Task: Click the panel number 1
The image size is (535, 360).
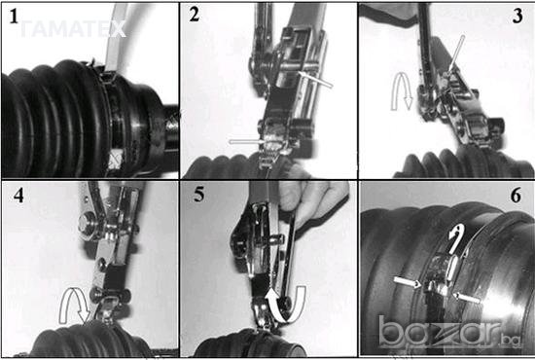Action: click(14, 16)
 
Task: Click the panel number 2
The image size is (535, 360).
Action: click(195, 15)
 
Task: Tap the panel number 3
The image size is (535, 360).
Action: click(517, 16)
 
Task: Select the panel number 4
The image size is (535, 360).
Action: click(18, 196)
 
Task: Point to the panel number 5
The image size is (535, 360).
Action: click(198, 195)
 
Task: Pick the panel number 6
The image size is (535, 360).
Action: click(516, 196)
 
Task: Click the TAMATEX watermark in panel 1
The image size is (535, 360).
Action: click(73, 29)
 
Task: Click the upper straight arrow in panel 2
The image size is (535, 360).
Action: click(315, 80)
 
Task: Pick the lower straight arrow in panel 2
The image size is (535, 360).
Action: click(246, 141)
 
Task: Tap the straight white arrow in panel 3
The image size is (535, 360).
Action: click(456, 54)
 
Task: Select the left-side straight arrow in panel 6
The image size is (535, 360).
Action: click(407, 282)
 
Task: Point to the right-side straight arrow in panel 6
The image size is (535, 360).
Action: click(468, 297)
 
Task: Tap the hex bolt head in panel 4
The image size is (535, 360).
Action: click(87, 225)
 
